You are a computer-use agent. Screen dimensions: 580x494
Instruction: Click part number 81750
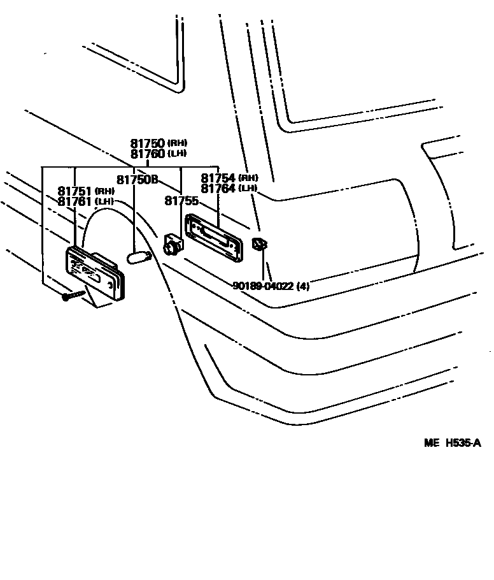point(148,143)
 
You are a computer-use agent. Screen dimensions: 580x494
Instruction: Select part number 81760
point(148,154)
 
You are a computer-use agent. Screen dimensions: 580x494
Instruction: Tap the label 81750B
point(137,180)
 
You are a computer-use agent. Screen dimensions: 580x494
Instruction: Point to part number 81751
point(75,191)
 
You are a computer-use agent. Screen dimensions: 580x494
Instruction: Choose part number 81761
point(75,201)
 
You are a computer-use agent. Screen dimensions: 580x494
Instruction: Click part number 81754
point(218,178)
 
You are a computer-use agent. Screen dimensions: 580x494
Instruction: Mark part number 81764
point(218,189)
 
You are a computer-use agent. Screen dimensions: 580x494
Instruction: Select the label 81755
point(181,201)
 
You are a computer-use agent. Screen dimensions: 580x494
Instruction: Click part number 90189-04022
point(262,286)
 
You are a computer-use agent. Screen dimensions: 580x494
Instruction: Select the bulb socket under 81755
point(172,244)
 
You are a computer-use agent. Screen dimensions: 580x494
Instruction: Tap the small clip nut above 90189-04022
point(258,244)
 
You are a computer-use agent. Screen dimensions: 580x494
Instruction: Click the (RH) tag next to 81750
point(178,143)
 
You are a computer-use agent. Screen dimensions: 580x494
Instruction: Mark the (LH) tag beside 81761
point(104,201)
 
